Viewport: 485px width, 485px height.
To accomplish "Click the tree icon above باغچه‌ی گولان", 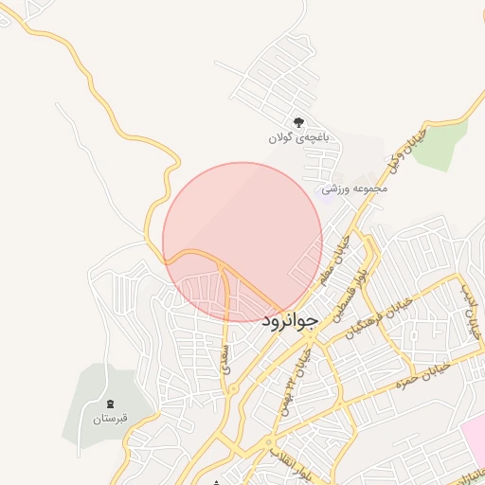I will [298, 122].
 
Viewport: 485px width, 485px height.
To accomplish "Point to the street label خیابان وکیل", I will [404, 151].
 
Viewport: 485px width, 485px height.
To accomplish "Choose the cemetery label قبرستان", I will [110, 418].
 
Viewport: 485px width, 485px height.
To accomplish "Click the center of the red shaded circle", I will [242, 242].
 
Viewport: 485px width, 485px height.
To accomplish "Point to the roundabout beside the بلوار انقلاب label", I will [270, 441].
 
